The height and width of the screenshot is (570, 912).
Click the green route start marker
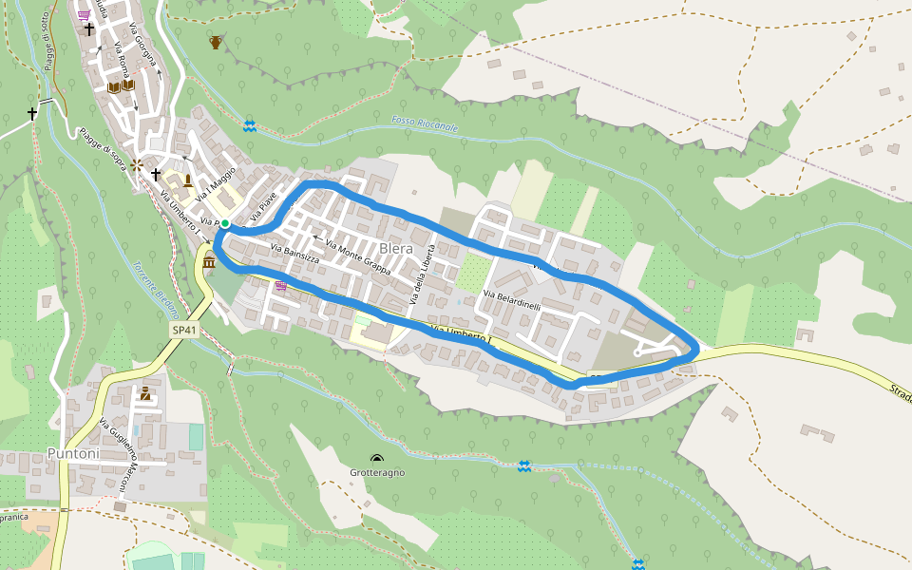pyautogui.click(x=225, y=224)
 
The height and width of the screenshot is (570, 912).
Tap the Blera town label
pyautogui.click(x=397, y=249)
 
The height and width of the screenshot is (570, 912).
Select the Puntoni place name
pyautogui.click(x=74, y=454)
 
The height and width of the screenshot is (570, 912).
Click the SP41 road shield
pyautogui.click(x=184, y=331)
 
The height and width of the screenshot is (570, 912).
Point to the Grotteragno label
pyautogui.click(x=377, y=472)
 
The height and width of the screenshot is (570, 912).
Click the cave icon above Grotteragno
pyautogui.click(x=377, y=458)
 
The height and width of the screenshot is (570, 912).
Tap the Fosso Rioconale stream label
pyautogui.click(x=424, y=124)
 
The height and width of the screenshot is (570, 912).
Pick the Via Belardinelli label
pyautogui.click(x=511, y=301)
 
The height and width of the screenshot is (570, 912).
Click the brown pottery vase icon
pyautogui.click(x=217, y=42)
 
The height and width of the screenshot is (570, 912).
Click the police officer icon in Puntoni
pyautogui.click(x=144, y=393)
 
